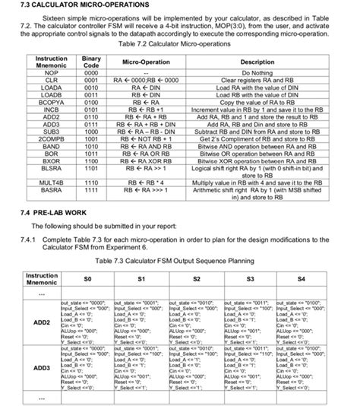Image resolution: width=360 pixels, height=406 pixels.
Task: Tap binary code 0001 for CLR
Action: click(91, 79)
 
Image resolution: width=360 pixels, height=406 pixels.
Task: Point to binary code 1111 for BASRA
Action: click(91, 191)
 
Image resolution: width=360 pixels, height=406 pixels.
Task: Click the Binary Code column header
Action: click(91, 62)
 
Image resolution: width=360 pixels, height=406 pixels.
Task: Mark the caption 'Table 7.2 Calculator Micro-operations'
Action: click(179, 45)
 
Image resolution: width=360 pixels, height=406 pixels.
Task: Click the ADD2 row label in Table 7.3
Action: click(41, 322)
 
